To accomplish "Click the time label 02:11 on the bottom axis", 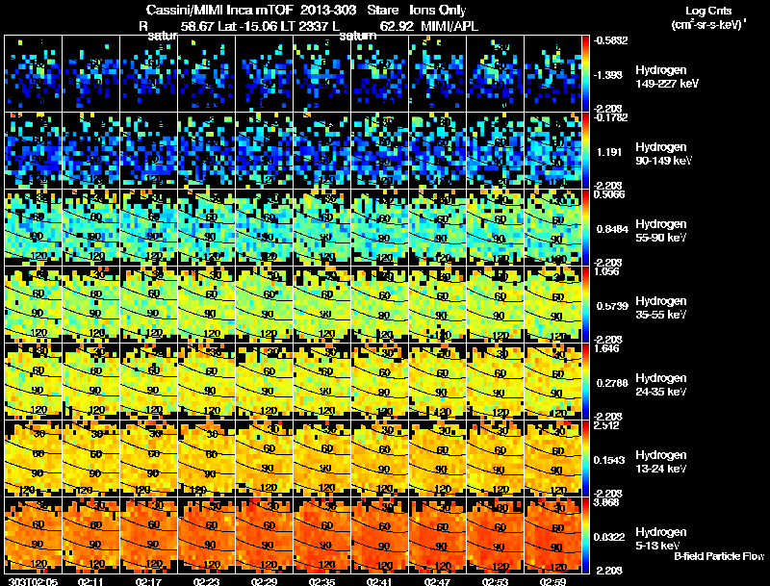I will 92,581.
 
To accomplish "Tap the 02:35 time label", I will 323,581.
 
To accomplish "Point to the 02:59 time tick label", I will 554,581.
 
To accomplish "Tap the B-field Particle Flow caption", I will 719,556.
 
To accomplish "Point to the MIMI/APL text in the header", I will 451,27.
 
